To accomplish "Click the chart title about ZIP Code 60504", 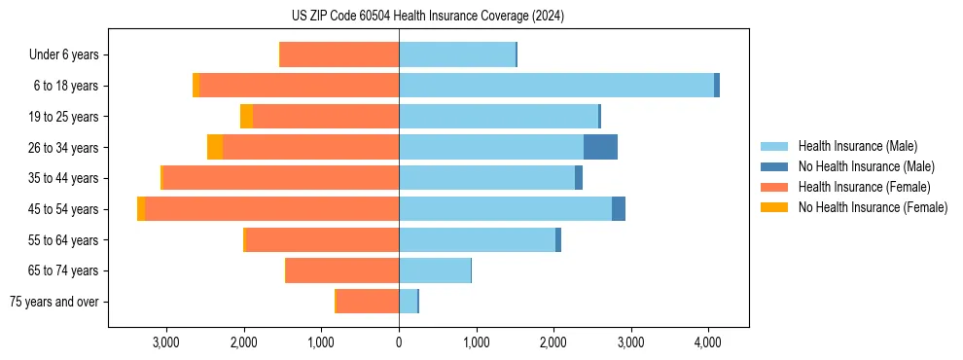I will point(427,17).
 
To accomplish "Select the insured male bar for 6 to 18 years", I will point(555,86).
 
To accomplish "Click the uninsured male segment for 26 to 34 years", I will point(600,147).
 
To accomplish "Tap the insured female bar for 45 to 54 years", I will point(271,209).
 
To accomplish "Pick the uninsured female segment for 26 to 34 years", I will point(215,147).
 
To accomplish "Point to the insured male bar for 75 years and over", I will point(408,302).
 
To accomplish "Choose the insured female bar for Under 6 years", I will point(339,54).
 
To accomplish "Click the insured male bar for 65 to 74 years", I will point(435,270).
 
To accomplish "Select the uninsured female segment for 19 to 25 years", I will point(247,117).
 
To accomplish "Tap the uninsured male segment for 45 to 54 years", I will point(619,209).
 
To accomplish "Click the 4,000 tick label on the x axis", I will point(708,342).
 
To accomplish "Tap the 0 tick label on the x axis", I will point(399,342).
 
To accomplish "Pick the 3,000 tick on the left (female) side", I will point(166,342).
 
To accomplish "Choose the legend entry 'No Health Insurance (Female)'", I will point(873,207).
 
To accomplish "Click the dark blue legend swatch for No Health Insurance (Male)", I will point(774,166).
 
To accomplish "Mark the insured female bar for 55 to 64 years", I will point(322,240).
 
